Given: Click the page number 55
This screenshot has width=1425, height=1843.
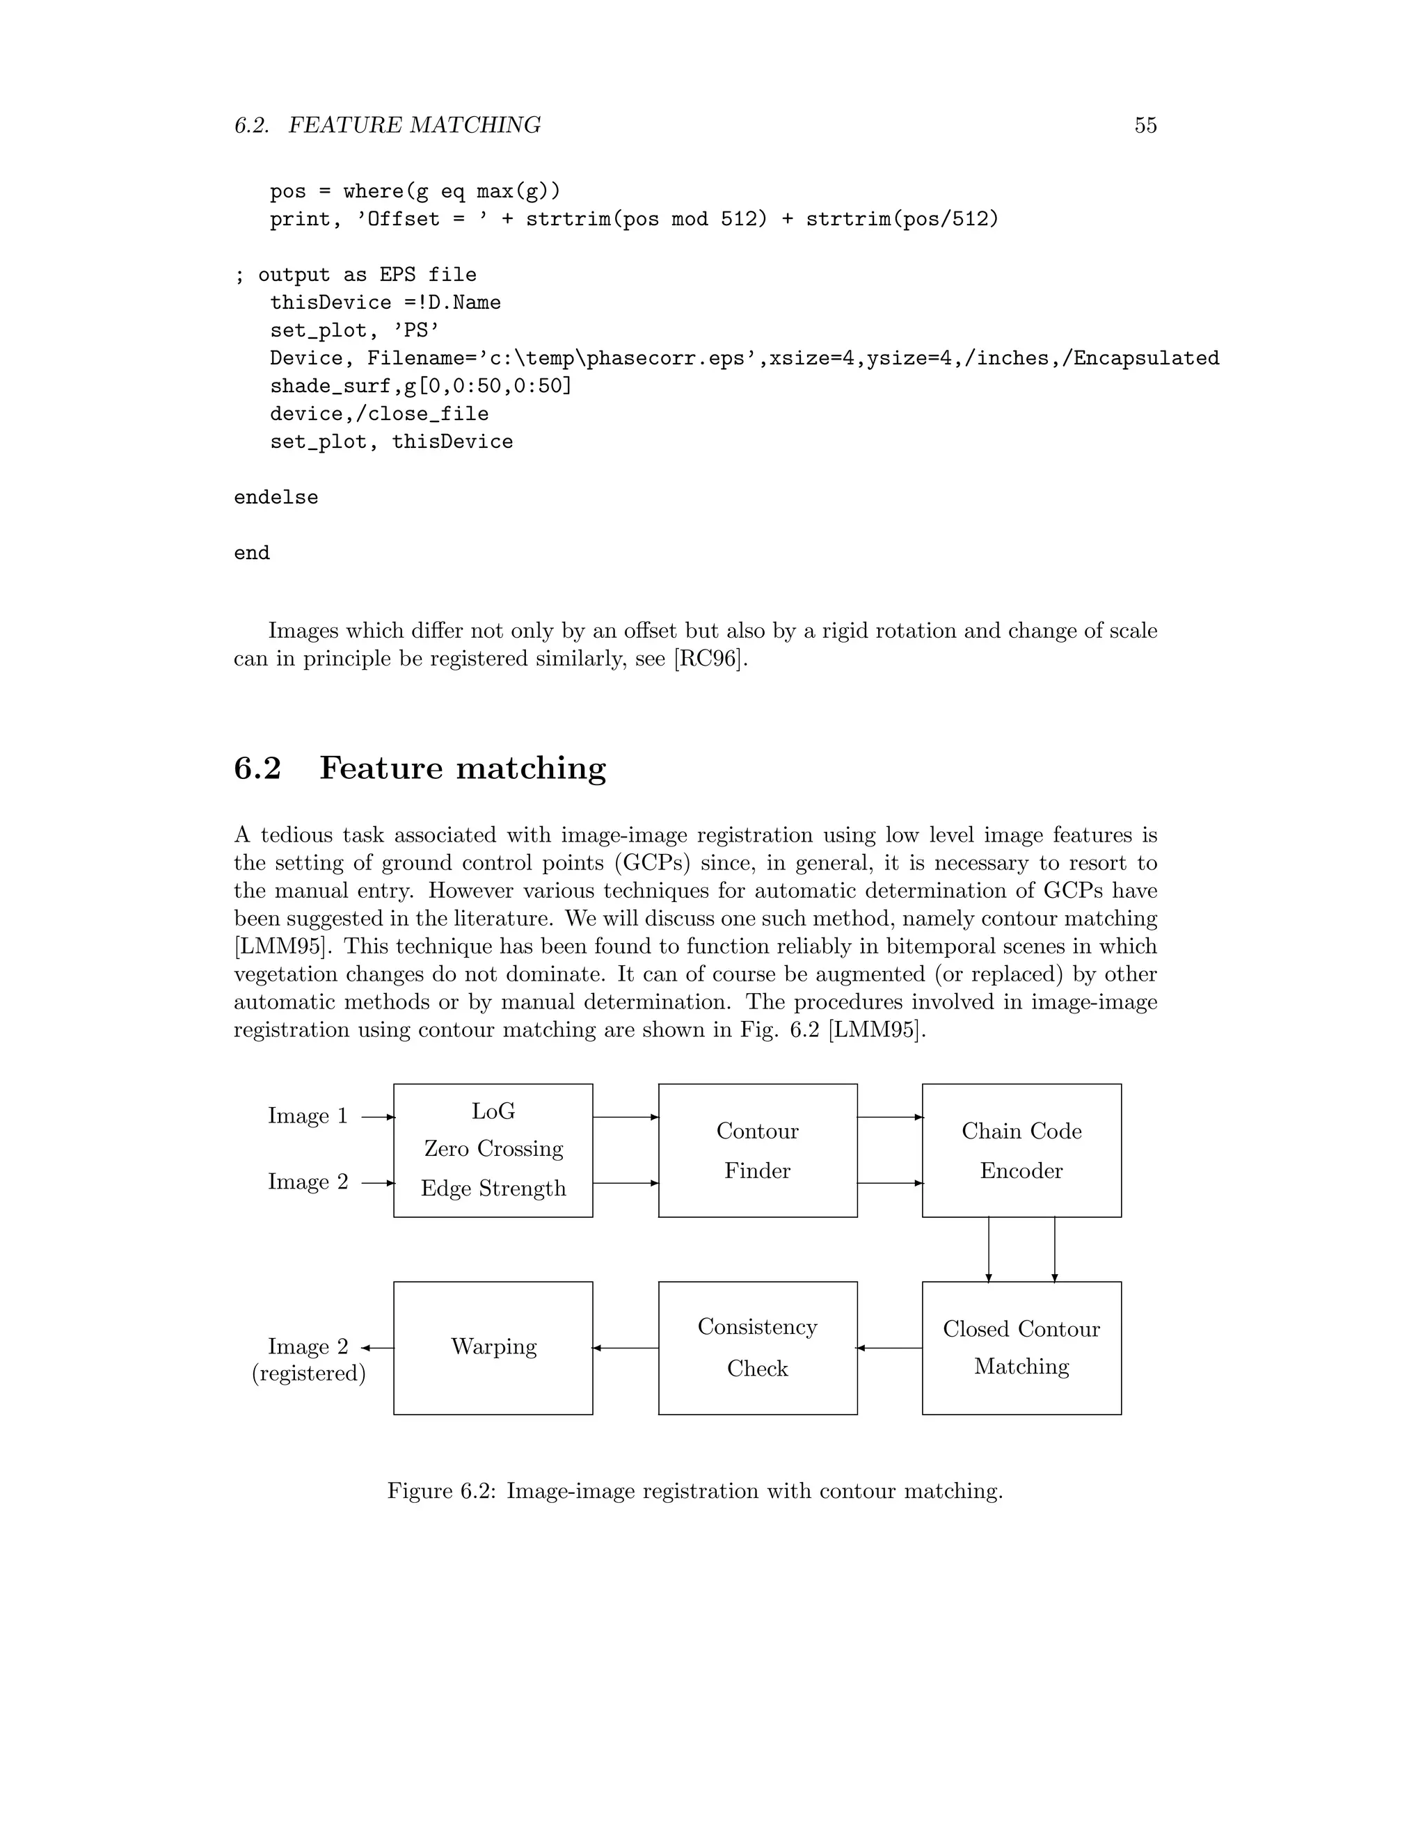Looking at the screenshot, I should coord(1145,126).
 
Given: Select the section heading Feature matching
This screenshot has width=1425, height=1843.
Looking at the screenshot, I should coord(462,768).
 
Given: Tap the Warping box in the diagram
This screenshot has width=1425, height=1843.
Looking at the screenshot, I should coord(493,1348).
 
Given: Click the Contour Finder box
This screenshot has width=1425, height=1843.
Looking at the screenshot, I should coord(757,1150).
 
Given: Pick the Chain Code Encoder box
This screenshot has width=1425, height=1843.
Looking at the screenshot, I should coord(1021,1150).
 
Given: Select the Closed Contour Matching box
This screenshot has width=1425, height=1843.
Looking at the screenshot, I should coord(1021,1348).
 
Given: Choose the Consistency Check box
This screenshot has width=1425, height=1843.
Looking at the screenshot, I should coord(757,1348).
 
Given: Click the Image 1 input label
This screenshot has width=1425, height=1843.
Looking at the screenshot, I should coord(308,1116).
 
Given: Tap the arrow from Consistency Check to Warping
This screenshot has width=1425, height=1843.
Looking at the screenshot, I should coord(626,1348).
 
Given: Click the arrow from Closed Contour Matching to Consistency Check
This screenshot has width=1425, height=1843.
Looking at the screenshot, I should coord(890,1348).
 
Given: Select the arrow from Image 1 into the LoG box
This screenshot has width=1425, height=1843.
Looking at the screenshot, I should coord(377,1118).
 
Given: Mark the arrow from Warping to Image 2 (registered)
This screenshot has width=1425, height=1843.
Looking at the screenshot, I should coord(377,1348).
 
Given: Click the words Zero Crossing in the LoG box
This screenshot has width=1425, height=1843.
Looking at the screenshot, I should coord(493,1148).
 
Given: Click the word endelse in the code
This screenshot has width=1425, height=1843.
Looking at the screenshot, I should coord(276,498).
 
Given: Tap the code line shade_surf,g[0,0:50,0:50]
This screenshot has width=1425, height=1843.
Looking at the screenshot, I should coord(420,387).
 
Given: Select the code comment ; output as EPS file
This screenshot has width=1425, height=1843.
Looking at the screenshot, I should coord(356,275).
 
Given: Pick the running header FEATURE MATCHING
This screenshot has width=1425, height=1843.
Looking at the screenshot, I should coord(415,126).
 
